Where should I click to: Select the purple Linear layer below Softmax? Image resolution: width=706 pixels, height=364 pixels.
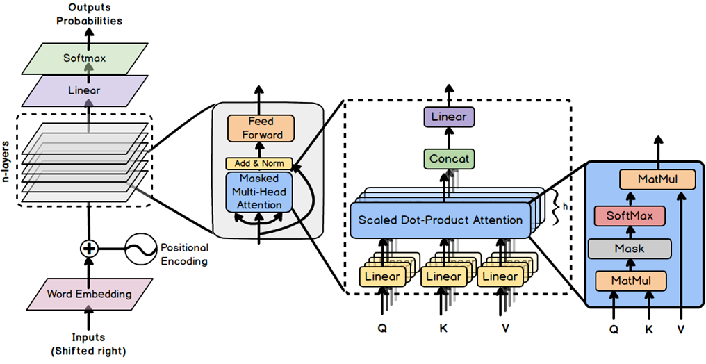point(84,91)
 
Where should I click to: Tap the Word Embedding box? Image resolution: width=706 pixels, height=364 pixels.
point(89,294)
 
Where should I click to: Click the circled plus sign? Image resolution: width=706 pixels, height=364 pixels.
point(88,248)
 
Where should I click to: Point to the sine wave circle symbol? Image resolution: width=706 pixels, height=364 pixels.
point(140,248)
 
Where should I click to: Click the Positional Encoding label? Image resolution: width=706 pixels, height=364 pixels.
point(184,254)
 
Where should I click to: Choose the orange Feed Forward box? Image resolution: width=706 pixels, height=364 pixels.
point(261,129)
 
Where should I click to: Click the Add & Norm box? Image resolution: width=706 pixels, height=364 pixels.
point(259,164)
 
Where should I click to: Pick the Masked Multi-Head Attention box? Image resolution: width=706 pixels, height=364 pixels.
point(259,191)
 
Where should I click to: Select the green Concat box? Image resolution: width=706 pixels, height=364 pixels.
point(449,158)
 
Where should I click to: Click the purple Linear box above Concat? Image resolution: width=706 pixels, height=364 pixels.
point(449,117)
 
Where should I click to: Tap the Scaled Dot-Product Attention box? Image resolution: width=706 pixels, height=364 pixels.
point(441,220)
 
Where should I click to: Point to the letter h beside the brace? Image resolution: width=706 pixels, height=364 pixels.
point(565,208)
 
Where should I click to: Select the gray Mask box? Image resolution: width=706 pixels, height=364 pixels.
point(630,249)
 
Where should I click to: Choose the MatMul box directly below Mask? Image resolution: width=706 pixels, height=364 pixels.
point(630,281)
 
